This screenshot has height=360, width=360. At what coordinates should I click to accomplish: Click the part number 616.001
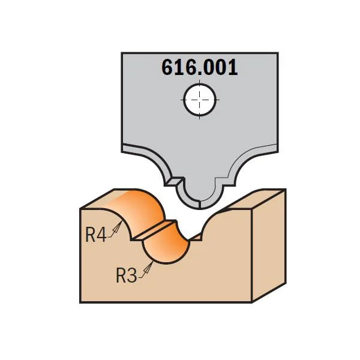click(200, 67)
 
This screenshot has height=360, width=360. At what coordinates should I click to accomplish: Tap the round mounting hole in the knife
click(200, 100)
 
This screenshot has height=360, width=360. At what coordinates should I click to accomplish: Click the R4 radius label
click(95, 235)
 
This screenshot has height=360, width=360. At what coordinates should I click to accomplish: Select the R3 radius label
click(126, 275)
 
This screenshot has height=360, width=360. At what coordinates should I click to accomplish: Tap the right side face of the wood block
click(269, 245)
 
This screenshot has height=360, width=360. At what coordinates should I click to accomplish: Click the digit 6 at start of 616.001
click(167, 67)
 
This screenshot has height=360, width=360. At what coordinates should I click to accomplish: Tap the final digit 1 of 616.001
click(233, 67)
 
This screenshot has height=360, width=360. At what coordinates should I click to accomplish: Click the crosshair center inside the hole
click(200, 100)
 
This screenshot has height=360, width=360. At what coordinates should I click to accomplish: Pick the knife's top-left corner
click(122, 53)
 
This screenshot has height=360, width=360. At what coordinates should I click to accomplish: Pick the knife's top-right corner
click(278, 53)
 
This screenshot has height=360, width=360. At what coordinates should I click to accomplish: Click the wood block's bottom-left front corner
click(80, 302)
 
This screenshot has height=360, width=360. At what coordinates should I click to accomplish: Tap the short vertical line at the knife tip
click(200, 205)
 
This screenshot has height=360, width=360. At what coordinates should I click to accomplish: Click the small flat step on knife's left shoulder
click(174, 181)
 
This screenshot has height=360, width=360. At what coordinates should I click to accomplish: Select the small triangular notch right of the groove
click(197, 237)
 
